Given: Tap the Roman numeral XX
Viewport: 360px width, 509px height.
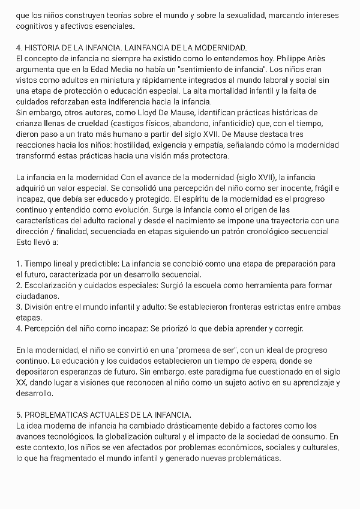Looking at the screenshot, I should pos(22,383).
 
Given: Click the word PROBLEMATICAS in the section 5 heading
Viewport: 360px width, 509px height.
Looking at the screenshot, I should pos(62,415).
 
